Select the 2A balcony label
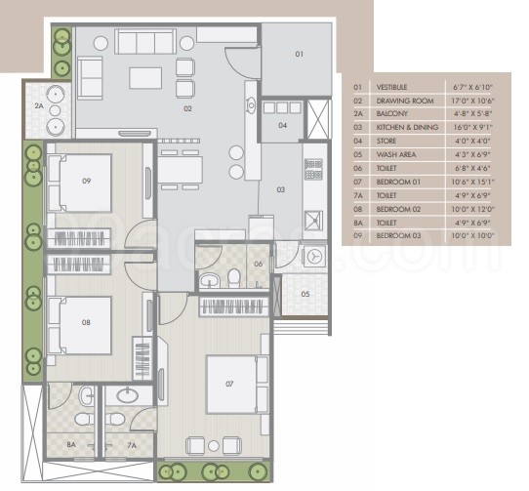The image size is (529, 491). tap(40, 105)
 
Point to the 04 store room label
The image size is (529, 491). tap(282, 125)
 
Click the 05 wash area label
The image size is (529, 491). tap(305, 293)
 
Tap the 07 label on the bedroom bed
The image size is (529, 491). tap(230, 384)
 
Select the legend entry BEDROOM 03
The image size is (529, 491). tap(398, 235)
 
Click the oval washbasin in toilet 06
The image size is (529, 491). tap(209, 281)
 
